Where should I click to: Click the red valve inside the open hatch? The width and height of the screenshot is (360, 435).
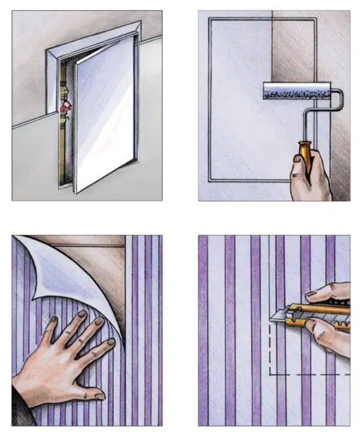[66, 105]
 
